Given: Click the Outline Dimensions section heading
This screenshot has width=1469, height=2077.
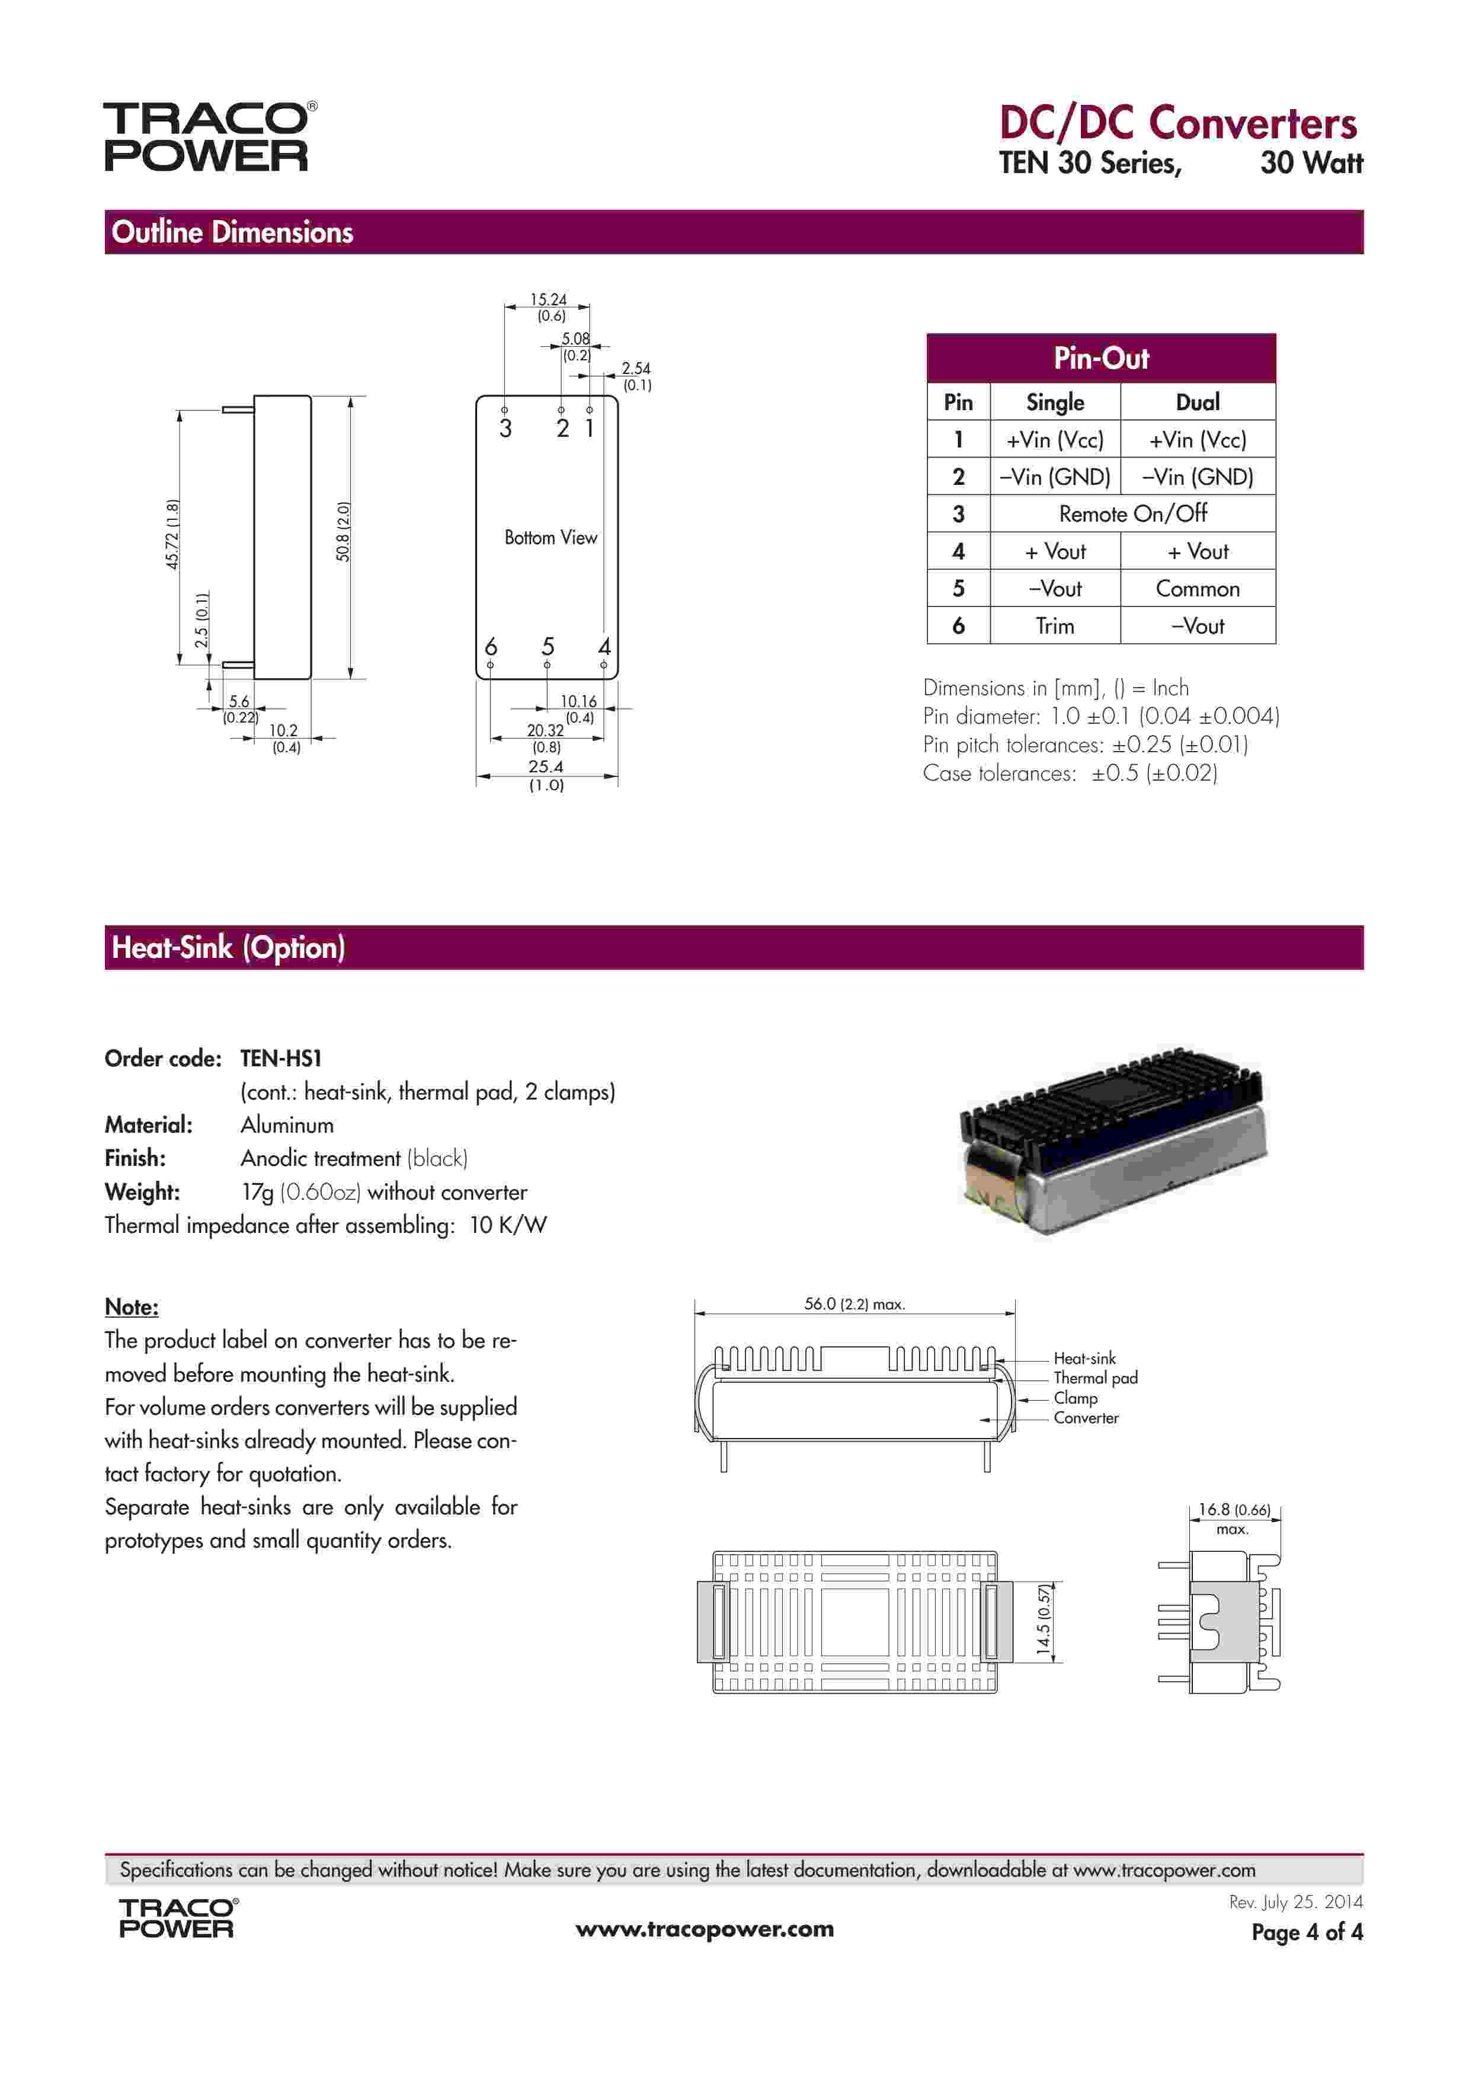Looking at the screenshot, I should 232,232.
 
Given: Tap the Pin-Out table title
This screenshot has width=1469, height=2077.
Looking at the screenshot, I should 1101,358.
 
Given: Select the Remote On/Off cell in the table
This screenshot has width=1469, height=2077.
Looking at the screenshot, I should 1132,514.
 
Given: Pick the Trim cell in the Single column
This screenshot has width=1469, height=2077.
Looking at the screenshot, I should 1055,626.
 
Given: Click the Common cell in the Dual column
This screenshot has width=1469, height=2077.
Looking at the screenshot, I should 1198,589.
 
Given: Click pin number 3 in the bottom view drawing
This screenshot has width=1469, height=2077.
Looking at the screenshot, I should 505,429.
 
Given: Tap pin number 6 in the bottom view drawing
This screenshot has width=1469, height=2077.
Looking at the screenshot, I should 490,647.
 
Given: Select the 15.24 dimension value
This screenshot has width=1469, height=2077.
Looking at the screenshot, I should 548,299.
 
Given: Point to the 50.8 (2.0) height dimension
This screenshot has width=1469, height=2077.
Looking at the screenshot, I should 344,532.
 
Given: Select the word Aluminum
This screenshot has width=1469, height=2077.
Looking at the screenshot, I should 287,1126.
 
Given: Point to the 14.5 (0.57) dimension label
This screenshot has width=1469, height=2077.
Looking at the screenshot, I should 1045,1621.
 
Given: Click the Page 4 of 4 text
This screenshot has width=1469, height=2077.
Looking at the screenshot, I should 1306,1932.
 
